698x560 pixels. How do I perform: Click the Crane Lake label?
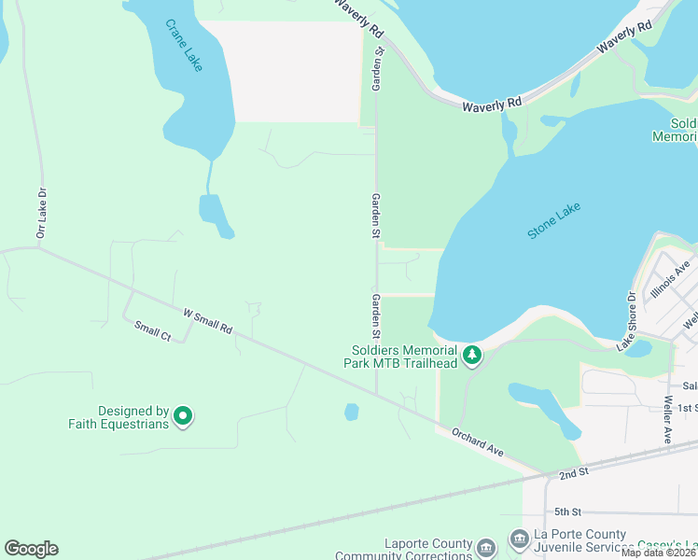(184, 47)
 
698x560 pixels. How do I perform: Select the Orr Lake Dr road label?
(41, 214)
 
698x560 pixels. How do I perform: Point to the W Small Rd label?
(207, 322)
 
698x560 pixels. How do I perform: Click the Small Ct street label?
(152, 331)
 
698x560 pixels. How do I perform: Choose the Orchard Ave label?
(478, 442)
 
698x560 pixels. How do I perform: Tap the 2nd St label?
(573, 473)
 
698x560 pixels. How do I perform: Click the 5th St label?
(567, 511)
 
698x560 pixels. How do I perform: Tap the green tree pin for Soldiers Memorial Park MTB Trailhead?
(472, 355)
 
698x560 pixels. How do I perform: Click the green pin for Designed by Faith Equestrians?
(183, 416)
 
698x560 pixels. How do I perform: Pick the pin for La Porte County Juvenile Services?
(519, 539)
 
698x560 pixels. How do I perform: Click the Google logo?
(31, 549)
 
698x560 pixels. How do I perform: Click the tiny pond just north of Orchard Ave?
(351, 412)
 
